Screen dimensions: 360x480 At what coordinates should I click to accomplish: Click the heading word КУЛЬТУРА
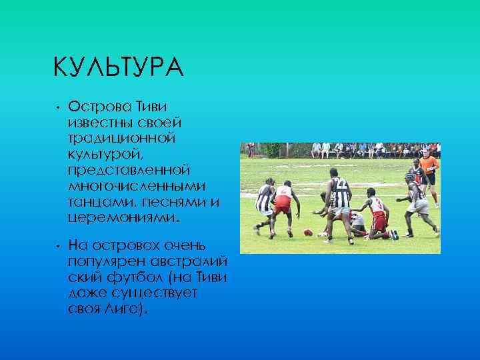pyautogui.click(x=117, y=68)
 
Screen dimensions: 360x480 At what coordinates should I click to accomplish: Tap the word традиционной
pyautogui.click(x=121, y=138)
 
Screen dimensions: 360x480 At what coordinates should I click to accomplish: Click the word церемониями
pyautogui.click(x=123, y=217)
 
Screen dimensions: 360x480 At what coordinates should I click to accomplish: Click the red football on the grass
pyautogui.click(x=308, y=232)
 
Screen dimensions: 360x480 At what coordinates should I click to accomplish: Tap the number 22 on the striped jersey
pyautogui.click(x=340, y=183)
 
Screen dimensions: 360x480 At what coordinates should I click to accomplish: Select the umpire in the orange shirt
pyautogui.click(x=429, y=168)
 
